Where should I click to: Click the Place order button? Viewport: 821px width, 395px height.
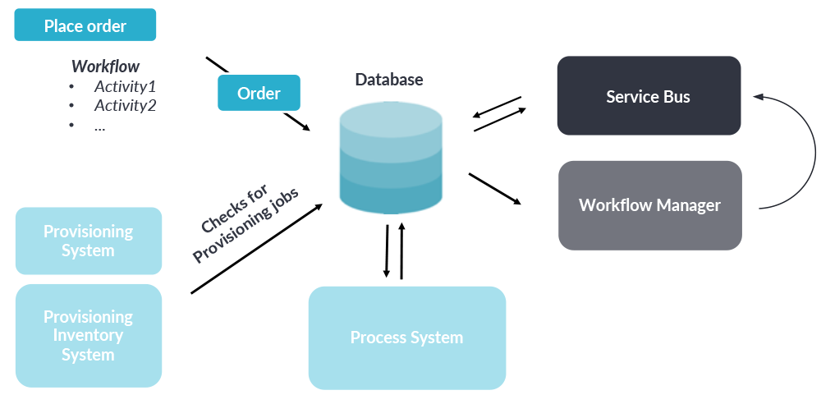85,26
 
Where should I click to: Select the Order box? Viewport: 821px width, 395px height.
259,94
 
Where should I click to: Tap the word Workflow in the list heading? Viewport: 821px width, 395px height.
105,67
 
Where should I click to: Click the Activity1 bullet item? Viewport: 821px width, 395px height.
125,86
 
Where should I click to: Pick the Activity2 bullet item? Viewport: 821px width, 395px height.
125,106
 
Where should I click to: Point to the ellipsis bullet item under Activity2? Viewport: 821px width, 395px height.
99,126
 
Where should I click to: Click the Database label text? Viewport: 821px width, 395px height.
389,80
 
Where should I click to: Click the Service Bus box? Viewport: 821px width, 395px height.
649,96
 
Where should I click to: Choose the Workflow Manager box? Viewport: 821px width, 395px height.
649,205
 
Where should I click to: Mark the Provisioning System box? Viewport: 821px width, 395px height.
88,241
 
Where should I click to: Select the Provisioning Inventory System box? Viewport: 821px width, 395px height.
88,336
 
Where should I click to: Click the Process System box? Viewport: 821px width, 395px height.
406,338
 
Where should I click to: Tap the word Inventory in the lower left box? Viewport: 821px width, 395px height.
88,336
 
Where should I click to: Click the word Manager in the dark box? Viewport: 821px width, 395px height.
686,205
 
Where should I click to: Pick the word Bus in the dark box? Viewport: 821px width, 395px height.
676,96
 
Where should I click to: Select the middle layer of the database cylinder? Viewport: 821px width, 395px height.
390,164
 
